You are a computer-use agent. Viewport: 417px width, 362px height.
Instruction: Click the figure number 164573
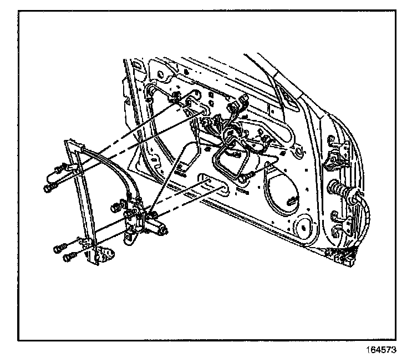pos(381,350)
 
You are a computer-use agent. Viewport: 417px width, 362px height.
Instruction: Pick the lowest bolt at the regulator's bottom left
pos(69,257)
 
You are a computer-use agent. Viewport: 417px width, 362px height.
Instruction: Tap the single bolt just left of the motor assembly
pos(115,207)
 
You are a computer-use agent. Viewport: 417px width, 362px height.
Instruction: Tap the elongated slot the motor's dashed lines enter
pos(213,184)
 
